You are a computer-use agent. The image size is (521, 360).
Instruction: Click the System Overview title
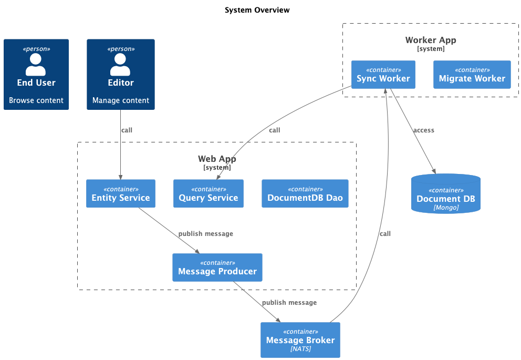(x=257, y=10)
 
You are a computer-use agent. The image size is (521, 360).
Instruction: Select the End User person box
(x=36, y=74)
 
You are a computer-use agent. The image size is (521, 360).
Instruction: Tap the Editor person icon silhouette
(x=120, y=65)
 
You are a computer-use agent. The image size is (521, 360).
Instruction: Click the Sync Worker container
(x=383, y=75)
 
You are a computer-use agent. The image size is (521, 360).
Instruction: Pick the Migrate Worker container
(x=472, y=75)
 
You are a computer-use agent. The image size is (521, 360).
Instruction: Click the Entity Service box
(x=121, y=193)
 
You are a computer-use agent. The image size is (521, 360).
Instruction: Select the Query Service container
(x=209, y=193)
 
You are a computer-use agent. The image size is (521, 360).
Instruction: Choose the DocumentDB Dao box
(x=305, y=193)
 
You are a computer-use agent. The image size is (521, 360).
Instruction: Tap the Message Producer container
(x=217, y=268)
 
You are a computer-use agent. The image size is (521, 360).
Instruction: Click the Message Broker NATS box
(x=300, y=340)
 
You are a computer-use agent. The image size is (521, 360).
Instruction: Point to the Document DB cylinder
(x=445, y=195)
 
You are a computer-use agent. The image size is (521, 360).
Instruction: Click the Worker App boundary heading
(x=431, y=40)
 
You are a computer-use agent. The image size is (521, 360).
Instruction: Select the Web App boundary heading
(x=217, y=159)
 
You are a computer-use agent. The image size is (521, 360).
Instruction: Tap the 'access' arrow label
(x=423, y=130)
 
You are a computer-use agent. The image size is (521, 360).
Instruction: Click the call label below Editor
(x=127, y=130)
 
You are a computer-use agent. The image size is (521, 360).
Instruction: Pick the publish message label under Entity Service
(x=205, y=233)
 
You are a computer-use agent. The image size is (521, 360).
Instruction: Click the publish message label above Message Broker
(x=289, y=303)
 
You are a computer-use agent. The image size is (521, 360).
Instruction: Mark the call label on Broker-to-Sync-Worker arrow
(x=385, y=234)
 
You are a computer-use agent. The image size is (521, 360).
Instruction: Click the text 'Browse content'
(x=36, y=100)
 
